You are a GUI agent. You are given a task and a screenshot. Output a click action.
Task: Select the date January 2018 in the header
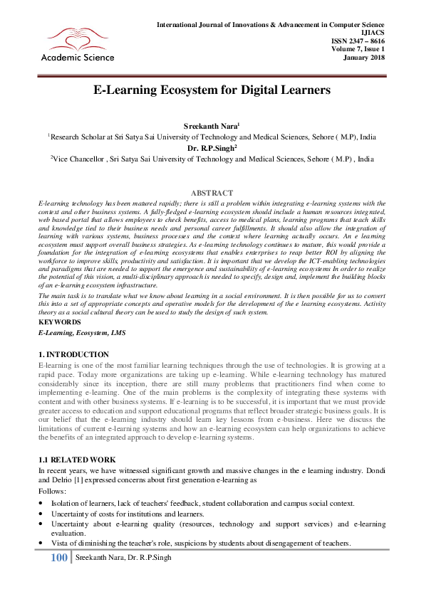364,58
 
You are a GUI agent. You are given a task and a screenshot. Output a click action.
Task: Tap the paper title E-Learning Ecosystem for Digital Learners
212,90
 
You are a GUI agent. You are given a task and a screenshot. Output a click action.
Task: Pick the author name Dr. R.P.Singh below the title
212,148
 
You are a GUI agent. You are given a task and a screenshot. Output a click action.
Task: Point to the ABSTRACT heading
212,193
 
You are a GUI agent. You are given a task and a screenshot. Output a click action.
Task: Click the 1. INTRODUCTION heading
73,354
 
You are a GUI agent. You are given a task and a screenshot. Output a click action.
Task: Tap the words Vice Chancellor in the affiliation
78,160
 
